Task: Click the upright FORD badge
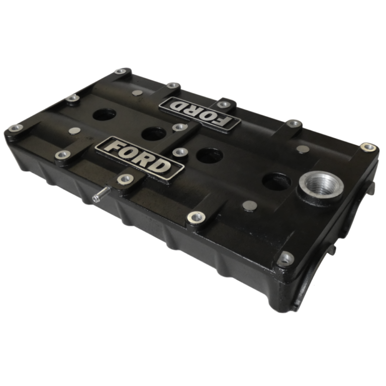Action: click(139, 157)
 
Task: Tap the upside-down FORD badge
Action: click(199, 113)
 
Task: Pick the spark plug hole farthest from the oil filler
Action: click(104, 115)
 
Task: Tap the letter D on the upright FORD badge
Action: click(162, 167)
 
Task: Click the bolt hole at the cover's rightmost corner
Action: click(368, 147)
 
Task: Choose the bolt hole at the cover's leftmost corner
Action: click(16, 128)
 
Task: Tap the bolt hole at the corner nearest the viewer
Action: click(285, 258)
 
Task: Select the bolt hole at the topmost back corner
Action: click(121, 71)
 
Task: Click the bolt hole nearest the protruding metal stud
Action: click(125, 178)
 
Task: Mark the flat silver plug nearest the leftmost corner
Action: click(74, 131)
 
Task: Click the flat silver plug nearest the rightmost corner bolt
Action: click(302, 149)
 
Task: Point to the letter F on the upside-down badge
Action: click(225, 121)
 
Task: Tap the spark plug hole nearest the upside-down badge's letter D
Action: click(154, 134)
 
